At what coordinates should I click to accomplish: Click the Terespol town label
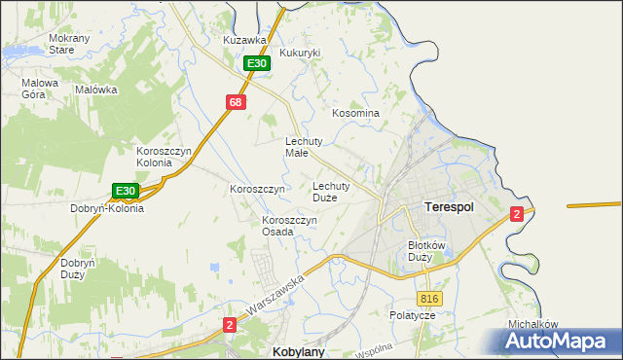(449, 207)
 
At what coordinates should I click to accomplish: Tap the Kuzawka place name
(243, 40)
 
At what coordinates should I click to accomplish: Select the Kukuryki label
(300, 53)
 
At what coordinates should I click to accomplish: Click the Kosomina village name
(355, 113)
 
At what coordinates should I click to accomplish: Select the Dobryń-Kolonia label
(107, 208)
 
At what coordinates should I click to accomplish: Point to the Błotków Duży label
(426, 251)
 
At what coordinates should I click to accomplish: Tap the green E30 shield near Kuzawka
(256, 63)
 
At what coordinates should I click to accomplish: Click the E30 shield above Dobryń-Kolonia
(124, 191)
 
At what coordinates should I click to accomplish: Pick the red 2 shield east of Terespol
(517, 213)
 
